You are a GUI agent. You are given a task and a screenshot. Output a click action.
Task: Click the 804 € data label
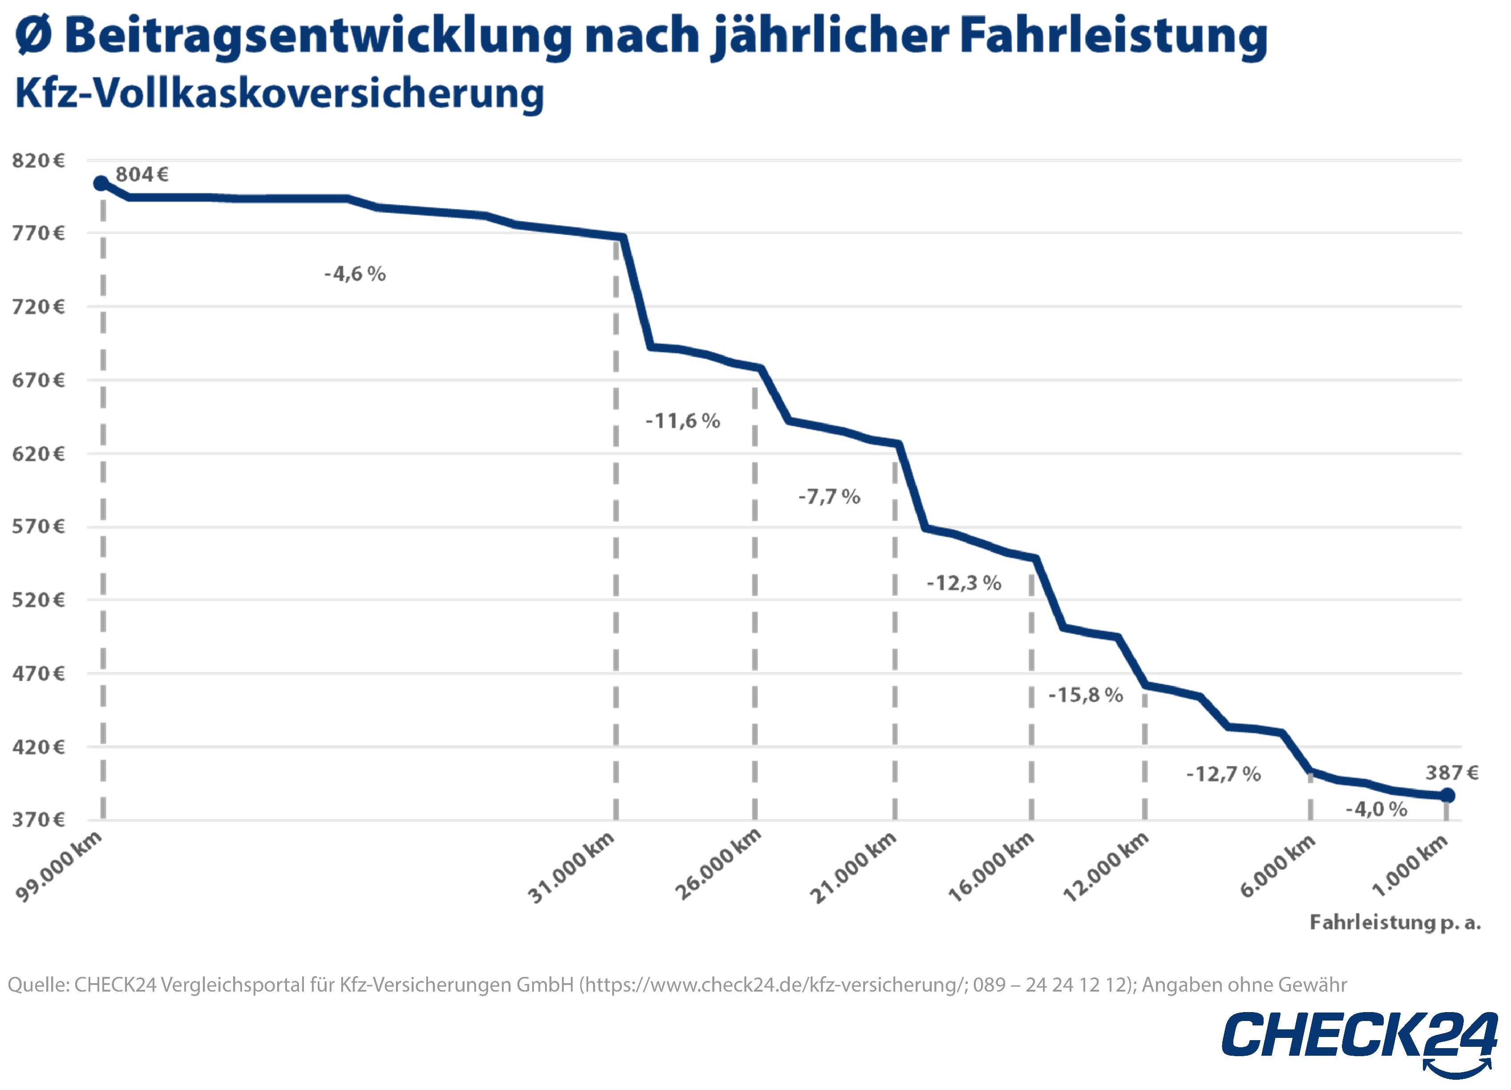pyautogui.click(x=142, y=175)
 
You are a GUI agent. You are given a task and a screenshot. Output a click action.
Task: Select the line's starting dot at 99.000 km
pyautogui.click(x=101, y=183)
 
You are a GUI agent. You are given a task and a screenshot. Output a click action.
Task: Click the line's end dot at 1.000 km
pyautogui.click(x=1447, y=795)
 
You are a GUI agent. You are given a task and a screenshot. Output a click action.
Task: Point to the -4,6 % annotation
pyautogui.click(x=355, y=273)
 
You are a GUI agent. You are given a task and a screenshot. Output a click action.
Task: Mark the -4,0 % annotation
pyautogui.click(x=1377, y=809)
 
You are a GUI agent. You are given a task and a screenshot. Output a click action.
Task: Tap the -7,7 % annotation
pyautogui.click(x=829, y=496)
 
